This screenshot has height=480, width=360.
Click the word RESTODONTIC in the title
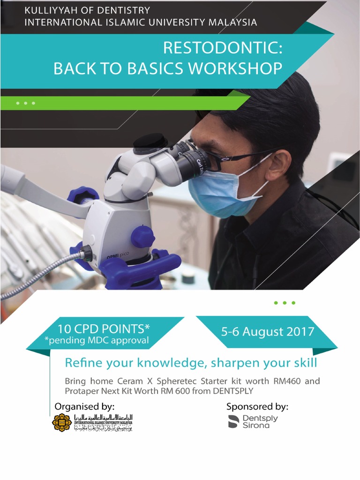tap(223, 48)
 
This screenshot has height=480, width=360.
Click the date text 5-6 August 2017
tap(268, 332)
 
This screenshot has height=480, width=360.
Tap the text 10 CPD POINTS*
tap(104, 328)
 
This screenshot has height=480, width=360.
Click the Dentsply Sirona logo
tap(253, 421)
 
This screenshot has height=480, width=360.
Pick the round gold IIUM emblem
tap(62, 422)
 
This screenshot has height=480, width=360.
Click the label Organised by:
tap(84, 406)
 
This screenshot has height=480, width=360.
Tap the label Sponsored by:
tap(257, 406)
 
